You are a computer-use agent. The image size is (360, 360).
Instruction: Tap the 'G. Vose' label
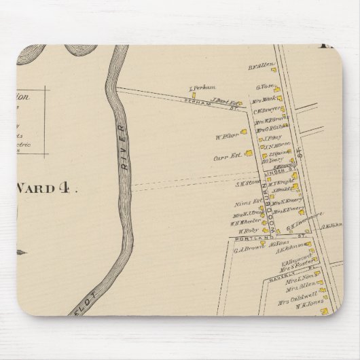264,87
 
